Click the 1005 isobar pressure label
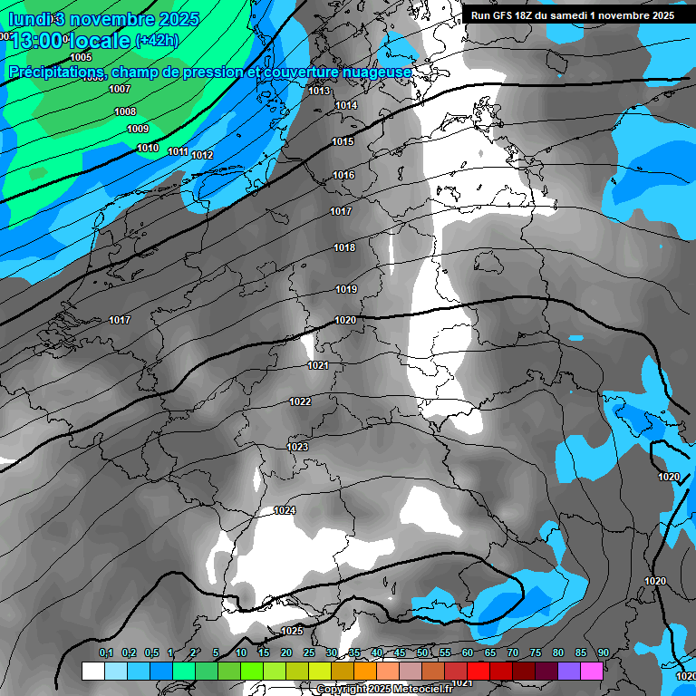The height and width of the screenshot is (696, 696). click(x=81, y=57)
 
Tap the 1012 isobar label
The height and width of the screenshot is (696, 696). click(x=202, y=155)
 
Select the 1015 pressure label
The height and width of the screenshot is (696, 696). click(x=343, y=141)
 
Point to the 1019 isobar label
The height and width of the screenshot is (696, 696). click(x=346, y=289)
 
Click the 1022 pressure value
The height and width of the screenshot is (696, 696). click(x=301, y=401)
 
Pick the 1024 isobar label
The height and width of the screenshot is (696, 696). click(x=285, y=510)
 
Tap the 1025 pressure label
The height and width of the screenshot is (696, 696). click(x=292, y=631)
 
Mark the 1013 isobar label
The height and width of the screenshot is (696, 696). click(x=319, y=91)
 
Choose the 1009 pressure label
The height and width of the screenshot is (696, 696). click(x=138, y=130)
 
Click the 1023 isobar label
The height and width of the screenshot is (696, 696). click(x=297, y=447)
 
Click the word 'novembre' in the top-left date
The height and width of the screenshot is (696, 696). click(x=107, y=18)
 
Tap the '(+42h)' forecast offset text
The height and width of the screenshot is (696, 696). click(x=157, y=41)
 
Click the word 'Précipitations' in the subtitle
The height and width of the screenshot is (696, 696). click(x=54, y=72)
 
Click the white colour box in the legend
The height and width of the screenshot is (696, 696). click(x=92, y=671)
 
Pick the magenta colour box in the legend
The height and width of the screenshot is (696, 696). click(x=592, y=671)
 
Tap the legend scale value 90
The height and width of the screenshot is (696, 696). click(x=603, y=652)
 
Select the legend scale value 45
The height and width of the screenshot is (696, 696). click(x=400, y=652)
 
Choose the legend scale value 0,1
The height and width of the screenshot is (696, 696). click(x=106, y=652)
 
